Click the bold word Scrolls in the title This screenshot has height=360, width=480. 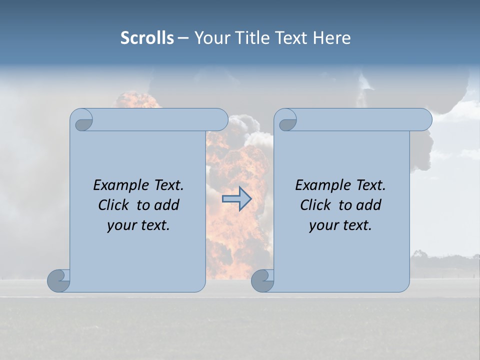[147, 38]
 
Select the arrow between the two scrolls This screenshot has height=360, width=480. [236, 199]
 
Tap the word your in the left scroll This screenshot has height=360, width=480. [120, 225]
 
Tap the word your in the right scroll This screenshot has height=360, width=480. [322, 225]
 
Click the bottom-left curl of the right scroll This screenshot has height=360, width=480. [262, 280]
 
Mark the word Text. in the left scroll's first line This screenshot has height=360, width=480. [166, 185]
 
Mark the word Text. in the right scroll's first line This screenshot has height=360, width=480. [368, 185]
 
